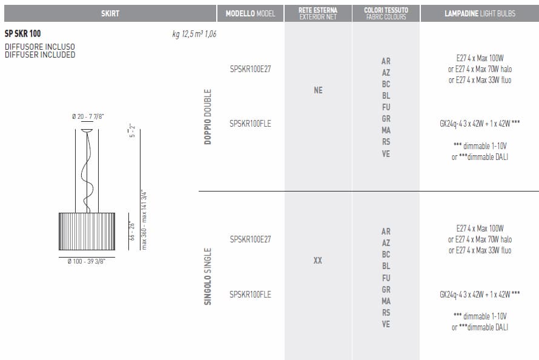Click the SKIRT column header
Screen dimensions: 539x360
click(x=110, y=13)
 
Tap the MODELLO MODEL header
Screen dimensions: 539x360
click(x=250, y=13)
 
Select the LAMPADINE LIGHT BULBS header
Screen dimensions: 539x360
click(x=480, y=13)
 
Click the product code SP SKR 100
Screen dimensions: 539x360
click(x=22, y=33)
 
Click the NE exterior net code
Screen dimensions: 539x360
click(x=318, y=90)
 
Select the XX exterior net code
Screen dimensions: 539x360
click(x=318, y=261)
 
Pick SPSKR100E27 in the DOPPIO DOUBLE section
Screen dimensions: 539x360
click(x=250, y=69)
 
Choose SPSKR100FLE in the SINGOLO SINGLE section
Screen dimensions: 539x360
click(x=250, y=295)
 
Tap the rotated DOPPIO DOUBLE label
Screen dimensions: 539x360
click(x=208, y=117)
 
